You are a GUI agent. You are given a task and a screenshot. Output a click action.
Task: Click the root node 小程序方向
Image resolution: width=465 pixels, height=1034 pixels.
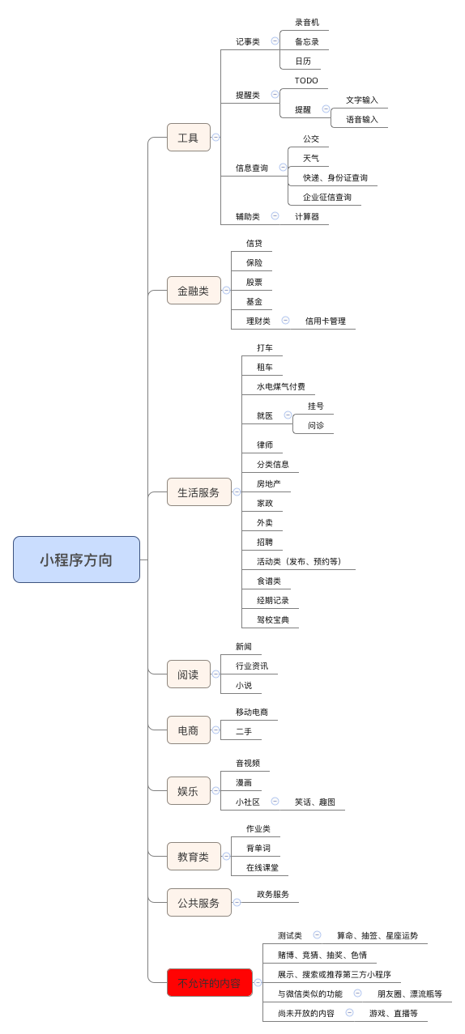pyautogui.click(x=76, y=560)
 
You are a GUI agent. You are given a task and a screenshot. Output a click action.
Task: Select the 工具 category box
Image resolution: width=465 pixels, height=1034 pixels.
pyautogui.click(x=189, y=137)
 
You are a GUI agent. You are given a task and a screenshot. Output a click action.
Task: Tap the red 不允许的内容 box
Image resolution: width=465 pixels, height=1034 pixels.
pyautogui.click(x=209, y=982)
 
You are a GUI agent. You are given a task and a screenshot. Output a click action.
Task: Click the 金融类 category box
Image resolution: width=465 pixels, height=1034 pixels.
pyautogui.click(x=194, y=291)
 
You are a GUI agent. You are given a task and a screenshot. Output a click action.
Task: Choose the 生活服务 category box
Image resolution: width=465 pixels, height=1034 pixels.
pyautogui.click(x=199, y=492)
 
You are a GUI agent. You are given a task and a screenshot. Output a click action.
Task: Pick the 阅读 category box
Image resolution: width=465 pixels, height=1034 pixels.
pyautogui.click(x=189, y=674)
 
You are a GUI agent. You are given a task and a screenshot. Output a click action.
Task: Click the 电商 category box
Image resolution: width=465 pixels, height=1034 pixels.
pyautogui.click(x=189, y=730)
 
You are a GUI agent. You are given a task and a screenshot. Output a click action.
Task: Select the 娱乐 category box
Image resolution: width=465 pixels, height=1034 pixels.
pyautogui.click(x=189, y=791)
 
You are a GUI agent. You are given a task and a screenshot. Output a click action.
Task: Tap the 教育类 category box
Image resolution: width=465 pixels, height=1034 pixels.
pyautogui.click(x=194, y=857)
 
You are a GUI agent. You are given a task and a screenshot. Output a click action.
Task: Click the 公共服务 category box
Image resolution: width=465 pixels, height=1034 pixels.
pyautogui.click(x=199, y=903)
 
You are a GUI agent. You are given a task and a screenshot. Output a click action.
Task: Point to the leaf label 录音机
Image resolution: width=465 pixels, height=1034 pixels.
pyautogui.click(x=307, y=22)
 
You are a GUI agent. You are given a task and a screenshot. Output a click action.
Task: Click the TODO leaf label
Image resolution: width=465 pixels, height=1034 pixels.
pyautogui.click(x=306, y=80)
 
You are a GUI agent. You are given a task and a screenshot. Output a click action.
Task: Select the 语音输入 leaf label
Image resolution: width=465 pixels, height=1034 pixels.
pyautogui.click(x=362, y=120)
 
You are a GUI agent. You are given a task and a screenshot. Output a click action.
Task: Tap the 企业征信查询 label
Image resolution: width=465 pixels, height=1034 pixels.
pyautogui.click(x=327, y=197)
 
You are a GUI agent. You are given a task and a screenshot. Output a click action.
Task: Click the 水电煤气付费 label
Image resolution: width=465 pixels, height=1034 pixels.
pyautogui.click(x=281, y=386)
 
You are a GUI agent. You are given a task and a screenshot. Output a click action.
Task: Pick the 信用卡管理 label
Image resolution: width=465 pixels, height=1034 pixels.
pyautogui.click(x=326, y=321)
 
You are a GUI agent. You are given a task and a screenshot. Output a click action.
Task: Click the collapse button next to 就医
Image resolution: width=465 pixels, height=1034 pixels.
pyautogui.click(x=288, y=415)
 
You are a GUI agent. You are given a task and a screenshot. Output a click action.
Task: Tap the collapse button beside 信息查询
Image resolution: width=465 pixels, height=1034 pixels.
pyautogui.click(x=283, y=167)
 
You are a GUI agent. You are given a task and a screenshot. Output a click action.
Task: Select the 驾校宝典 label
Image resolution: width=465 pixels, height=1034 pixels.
pyautogui.click(x=273, y=619)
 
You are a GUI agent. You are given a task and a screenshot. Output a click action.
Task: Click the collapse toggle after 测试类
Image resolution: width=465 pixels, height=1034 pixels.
pyautogui.click(x=318, y=934)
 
